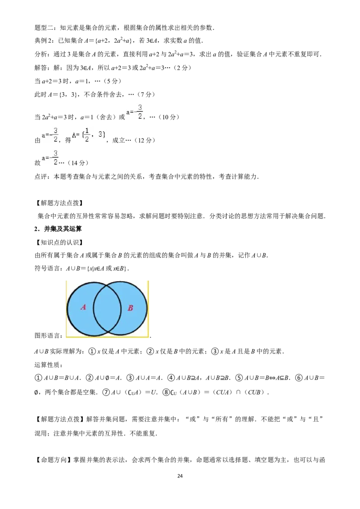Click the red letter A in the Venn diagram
(x=83, y=307)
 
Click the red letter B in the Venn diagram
(x=130, y=308)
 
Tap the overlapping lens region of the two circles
(x=107, y=308)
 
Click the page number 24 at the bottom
(x=180, y=476)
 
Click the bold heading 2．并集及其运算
(x=58, y=229)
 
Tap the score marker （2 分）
(x=182, y=68)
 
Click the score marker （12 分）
(x=144, y=140)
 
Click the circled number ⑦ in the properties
(x=106, y=392)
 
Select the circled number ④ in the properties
(x=171, y=378)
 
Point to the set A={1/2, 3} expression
(x=89, y=134)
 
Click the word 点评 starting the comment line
(x=41, y=177)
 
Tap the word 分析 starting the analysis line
(x=41, y=54)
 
